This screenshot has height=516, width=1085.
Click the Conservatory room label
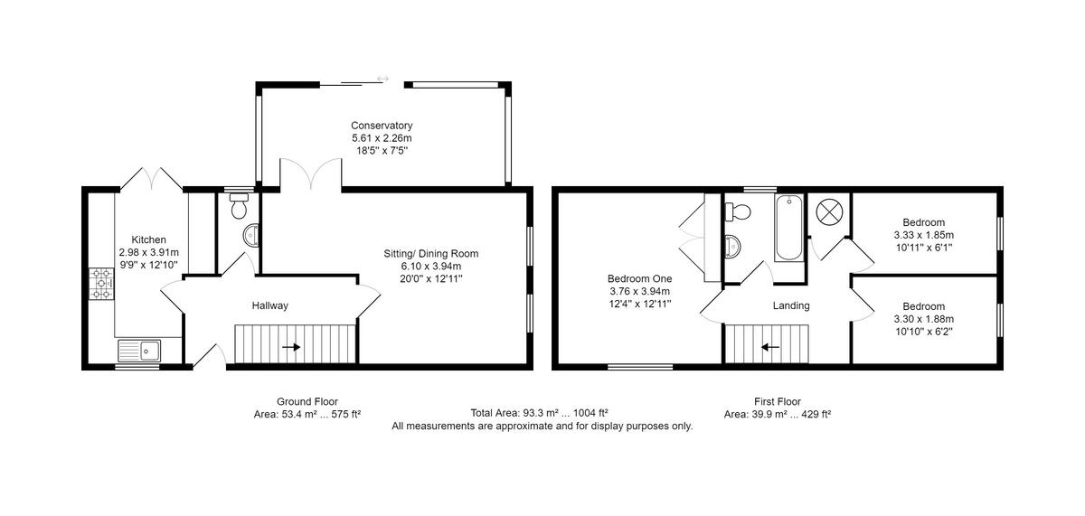[x=382, y=126]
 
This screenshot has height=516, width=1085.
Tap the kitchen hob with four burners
[x=101, y=284]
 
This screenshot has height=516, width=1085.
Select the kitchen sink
[x=139, y=351]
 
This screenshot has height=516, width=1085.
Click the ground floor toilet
[x=239, y=206]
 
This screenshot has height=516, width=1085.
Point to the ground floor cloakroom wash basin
[x=251, y=236]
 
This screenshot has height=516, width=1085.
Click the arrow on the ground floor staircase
[x=291, y=347]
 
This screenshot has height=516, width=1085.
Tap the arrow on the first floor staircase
[x=770, y=347]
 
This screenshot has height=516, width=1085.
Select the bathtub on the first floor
[x=788, y=228]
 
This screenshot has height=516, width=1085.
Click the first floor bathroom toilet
[x=738, y=211]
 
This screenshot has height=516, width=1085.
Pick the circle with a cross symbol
[x=830, y=211]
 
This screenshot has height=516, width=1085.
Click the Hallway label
[x=269, y=305]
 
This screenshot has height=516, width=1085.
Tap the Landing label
[x=791, y=305]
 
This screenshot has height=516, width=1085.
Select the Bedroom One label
[x=639, y=279]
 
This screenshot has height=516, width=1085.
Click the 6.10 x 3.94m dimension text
[x=431, y=267]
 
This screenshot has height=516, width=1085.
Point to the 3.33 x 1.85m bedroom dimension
[x=924, y=235]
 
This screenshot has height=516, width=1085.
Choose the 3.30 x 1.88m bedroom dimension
[x=924, y=319]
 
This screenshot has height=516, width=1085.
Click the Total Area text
[x=539, y=413]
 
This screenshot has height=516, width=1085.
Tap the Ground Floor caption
[x=307, y=401]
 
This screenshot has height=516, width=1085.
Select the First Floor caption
[x=778, y=401]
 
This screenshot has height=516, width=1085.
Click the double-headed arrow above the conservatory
[x=382, y=79]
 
